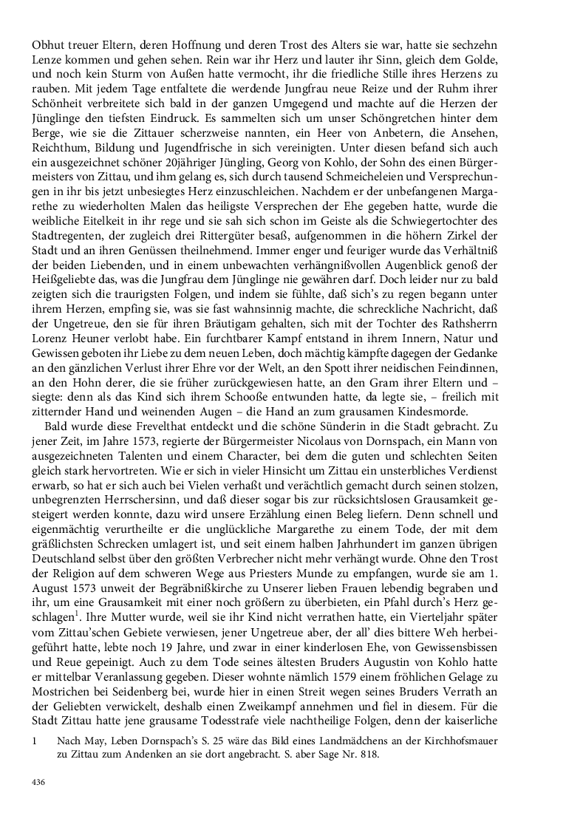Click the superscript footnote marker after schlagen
coord(82,637)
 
